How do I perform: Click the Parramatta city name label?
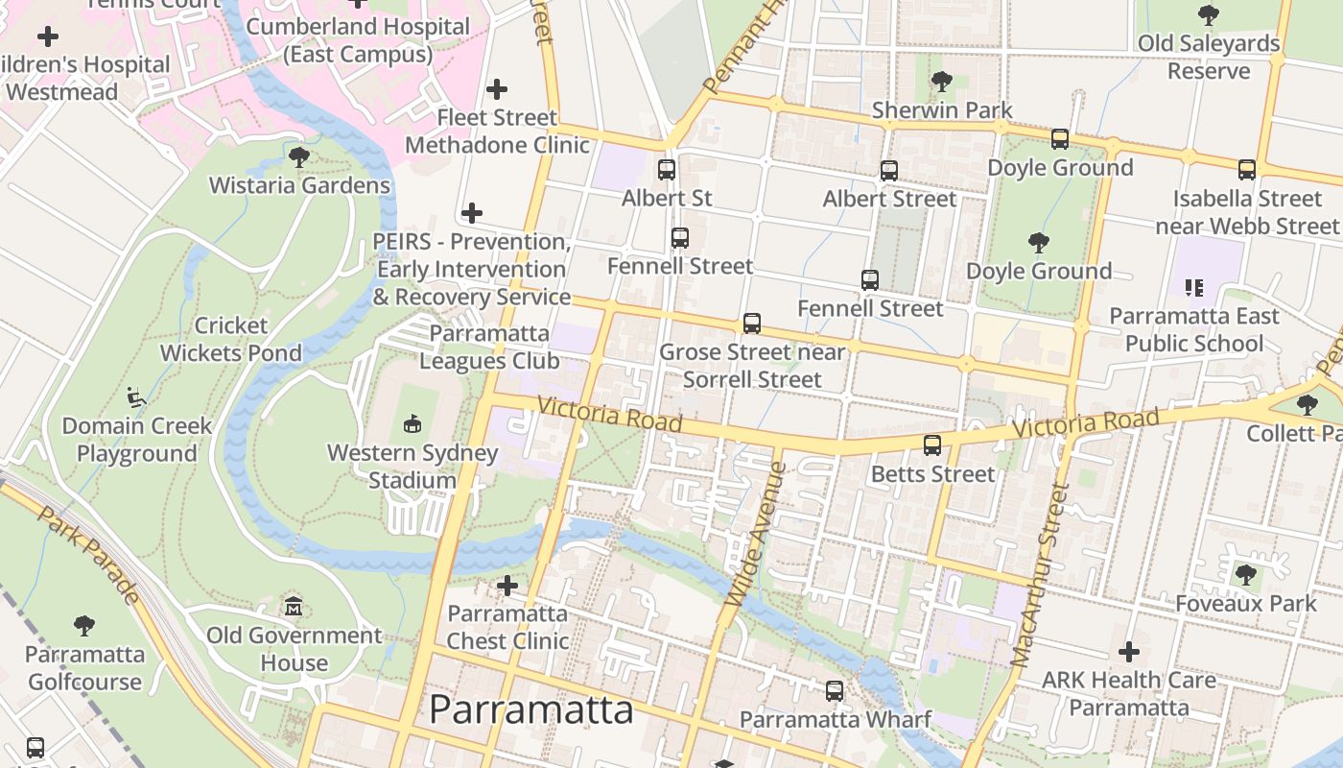(x=530, y=710)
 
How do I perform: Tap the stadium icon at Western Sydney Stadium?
(x=412, y=422)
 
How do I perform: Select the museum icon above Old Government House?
(x=294, y=607)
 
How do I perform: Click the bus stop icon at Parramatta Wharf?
(x=835, y=690)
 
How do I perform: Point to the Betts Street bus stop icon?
(x=932, y=445)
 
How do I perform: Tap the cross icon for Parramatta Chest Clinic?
(x=507, y=585)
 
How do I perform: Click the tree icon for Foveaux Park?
(x=1246, y=575)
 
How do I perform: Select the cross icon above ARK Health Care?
(x=1129, y=652)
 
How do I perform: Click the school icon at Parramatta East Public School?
(x=1194, y=287)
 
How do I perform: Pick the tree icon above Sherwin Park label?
(x=942, y=82)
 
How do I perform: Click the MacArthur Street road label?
(x=1041, y=575)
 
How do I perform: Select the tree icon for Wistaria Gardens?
(x=299, y=156)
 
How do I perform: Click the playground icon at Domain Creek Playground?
(x=136, y=396)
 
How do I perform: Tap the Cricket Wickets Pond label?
(x=230, y=339)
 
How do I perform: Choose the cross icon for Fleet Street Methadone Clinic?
(x=497, y=89)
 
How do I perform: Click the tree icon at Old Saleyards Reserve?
(x=1209, y=15)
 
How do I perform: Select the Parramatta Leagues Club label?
(x=489, y=347)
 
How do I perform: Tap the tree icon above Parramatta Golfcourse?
(x=84, y=626)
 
